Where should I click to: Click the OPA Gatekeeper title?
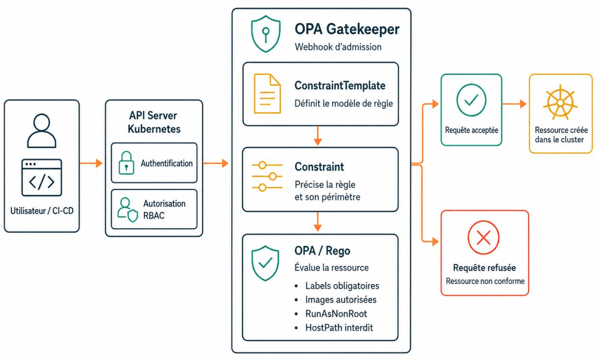pos(347,29)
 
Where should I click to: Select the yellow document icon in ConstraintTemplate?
pos(267,94)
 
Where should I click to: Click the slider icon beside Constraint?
pos(267,176)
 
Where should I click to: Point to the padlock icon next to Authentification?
pos(126,163)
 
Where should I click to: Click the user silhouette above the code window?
pos(42,130)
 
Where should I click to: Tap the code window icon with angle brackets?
pos(42,178)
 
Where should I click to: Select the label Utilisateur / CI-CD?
pos(42,211)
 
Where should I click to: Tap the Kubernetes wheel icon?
pos(560,102)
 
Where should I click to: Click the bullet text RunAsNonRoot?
pos(336,314)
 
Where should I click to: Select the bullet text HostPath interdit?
pos(339,327)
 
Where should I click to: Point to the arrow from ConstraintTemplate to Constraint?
pos(318,136)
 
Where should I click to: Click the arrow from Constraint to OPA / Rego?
pos(318,222)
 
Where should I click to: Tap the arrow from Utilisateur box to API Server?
pos(91,163)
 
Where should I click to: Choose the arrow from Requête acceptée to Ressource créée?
pos(514,104)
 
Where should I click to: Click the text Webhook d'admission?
pos(338,47)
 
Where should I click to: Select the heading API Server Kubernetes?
pos(154,122)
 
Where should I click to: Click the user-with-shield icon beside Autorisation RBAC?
pos(128,210)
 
